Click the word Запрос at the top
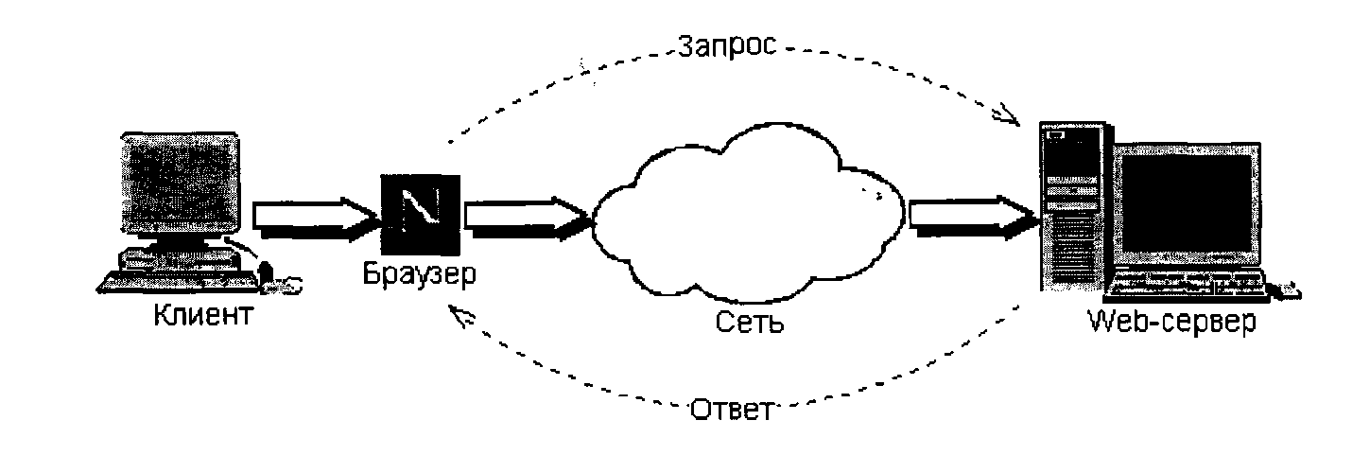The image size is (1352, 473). pyautogui.click(x=726, y=45)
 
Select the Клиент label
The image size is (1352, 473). pyautogui.click(x=203, y=314)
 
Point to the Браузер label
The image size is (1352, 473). pyautogui.click(x=420, y=276)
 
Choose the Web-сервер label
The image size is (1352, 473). pyautogui.click(x=1172, y=322)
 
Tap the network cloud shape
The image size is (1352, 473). pyautogui.click(x=747, y=222)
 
